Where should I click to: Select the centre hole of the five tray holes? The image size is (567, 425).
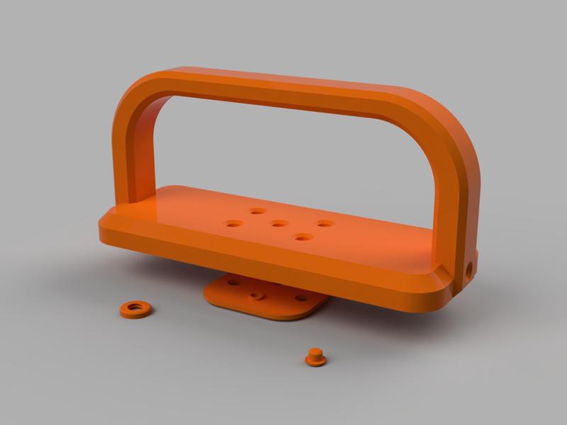click(279, 224)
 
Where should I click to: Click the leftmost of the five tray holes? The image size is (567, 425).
click(233, 224)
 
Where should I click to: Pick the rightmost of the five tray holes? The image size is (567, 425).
click(325, 224)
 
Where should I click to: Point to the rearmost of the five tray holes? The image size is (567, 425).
click(257, 211)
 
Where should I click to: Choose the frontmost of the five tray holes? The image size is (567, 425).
click(303, 237)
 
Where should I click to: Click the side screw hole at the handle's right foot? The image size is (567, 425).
click(468, 269)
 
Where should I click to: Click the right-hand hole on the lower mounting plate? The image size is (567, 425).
click(301, 297)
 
